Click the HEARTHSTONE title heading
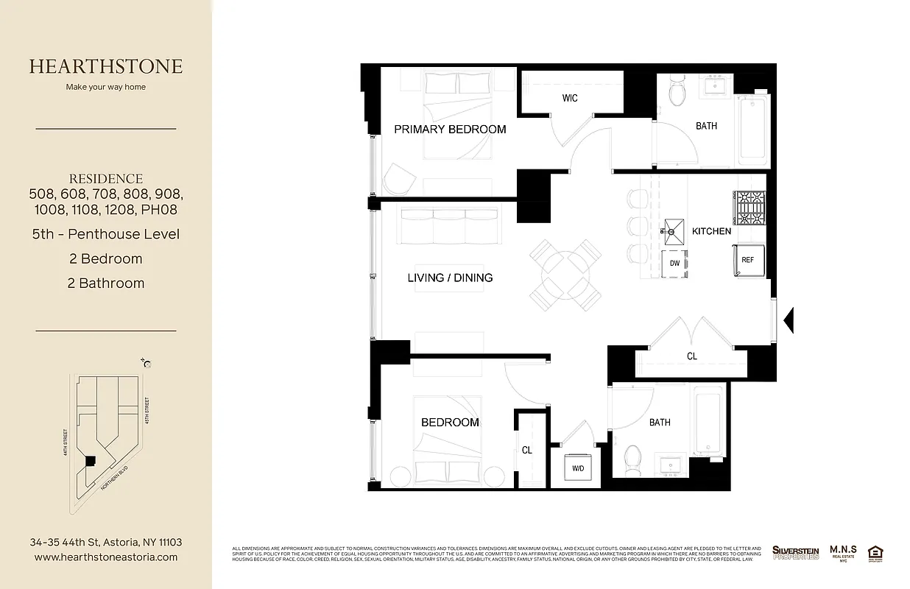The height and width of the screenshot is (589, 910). [x=106, y=66]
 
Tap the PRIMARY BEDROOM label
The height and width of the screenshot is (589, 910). [x=450, y=130]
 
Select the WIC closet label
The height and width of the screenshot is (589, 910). [x=570, y=98]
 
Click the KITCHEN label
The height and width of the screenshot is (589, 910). [x=711, y=231]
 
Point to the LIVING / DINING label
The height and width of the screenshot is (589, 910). [x=450, y=278]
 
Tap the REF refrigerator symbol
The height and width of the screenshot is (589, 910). [x=747, y=260]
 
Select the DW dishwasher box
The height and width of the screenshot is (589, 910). [x=674, y=264]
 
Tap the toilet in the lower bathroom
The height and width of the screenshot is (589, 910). [x=631, y=459]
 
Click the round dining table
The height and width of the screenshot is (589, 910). [x=565, y=275]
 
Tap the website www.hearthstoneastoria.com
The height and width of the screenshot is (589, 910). [x=106, y=557]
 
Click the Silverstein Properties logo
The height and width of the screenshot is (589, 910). [x=795, y=552]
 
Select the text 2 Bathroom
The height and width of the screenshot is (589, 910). [x=106, y=283]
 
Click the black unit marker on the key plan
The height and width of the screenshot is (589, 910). [x=90, y=460]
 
